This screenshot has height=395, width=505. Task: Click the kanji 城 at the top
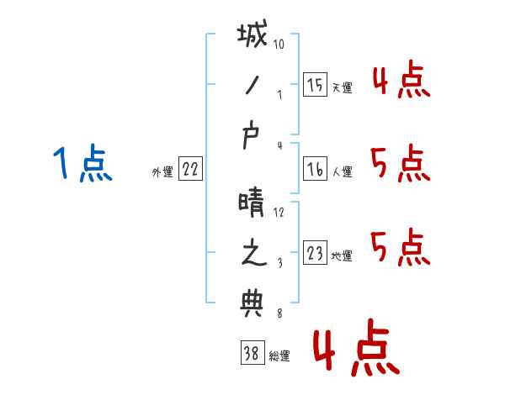coord(252,39)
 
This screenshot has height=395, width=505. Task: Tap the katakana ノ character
coord(252,87)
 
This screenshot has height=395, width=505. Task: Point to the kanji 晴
coord(252,202)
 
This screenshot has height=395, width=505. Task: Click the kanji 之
coord(252,255)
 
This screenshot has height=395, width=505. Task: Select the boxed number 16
coord(314,169)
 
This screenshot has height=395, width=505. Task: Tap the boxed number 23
coord(314,253)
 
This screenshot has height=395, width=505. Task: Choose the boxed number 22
coord(190,169)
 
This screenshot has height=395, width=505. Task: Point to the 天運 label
coord(342,87)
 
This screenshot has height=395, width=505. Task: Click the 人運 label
coord(342,172)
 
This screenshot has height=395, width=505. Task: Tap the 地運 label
coord(342,256)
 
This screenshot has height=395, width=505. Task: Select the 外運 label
coord(162,172)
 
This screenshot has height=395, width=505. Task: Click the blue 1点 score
coord(82,163)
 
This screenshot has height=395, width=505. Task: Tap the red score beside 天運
coord(400,82)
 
